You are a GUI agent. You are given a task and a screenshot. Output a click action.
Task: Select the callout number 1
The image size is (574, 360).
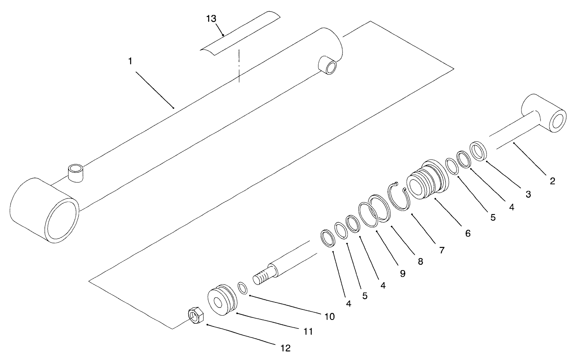pos(131,61)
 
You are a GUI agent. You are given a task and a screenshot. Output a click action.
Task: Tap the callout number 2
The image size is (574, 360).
pos(552,181)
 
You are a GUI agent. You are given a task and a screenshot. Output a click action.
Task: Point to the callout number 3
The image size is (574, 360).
pos(528,195)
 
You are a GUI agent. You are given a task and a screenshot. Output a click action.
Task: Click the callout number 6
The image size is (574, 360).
pos(468,233)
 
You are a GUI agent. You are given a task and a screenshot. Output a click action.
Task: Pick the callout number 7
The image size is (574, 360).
pos(442,250)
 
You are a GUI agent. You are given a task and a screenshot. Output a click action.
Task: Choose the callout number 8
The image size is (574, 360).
pos(420,262)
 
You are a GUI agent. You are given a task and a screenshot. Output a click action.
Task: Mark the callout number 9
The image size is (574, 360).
pos(402,274)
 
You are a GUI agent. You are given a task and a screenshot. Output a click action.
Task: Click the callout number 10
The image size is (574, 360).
pos(329,316)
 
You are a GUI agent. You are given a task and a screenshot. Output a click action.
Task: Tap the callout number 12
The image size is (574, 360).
pos(285,348)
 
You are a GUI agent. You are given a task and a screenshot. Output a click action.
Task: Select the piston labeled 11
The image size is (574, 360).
pos(222,300)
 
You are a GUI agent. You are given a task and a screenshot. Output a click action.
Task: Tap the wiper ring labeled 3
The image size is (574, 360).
pos(478,151)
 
